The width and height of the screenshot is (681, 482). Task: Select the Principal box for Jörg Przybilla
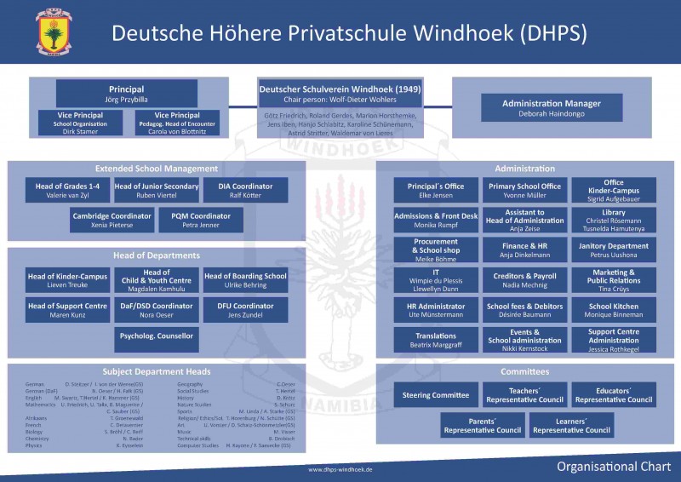pyautogui.click(x=127, y=94)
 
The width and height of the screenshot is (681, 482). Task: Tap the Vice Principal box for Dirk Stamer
pyautogui.click(x=81, y=123)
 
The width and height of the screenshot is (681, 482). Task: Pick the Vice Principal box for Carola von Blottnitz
pyautogui.click(x=178, y=123)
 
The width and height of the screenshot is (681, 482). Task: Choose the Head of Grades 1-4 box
pyautogui.click(x=67, y=191)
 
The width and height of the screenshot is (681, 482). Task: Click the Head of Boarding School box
pyautogui.click(x=246, y=280)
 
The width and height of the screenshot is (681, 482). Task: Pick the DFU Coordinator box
pyautogui.click(x=246, y=310)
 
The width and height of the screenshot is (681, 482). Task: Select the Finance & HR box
pyautogui.click(x=525, y=250)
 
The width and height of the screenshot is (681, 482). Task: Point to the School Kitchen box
pyautogui.click(x=613, y=310)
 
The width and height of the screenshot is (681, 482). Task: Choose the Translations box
pyautogui.click(x=436, y=340)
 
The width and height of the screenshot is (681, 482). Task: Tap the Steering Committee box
pyautogui.click(x=436, y=395)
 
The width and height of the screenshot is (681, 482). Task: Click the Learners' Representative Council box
pyautogui.click(x=572, y=426)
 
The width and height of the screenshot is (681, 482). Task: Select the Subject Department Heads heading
pyautogui.click(x=157, y=371)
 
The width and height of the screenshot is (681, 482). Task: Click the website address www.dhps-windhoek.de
pyautogui.click(x=340, y=469)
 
